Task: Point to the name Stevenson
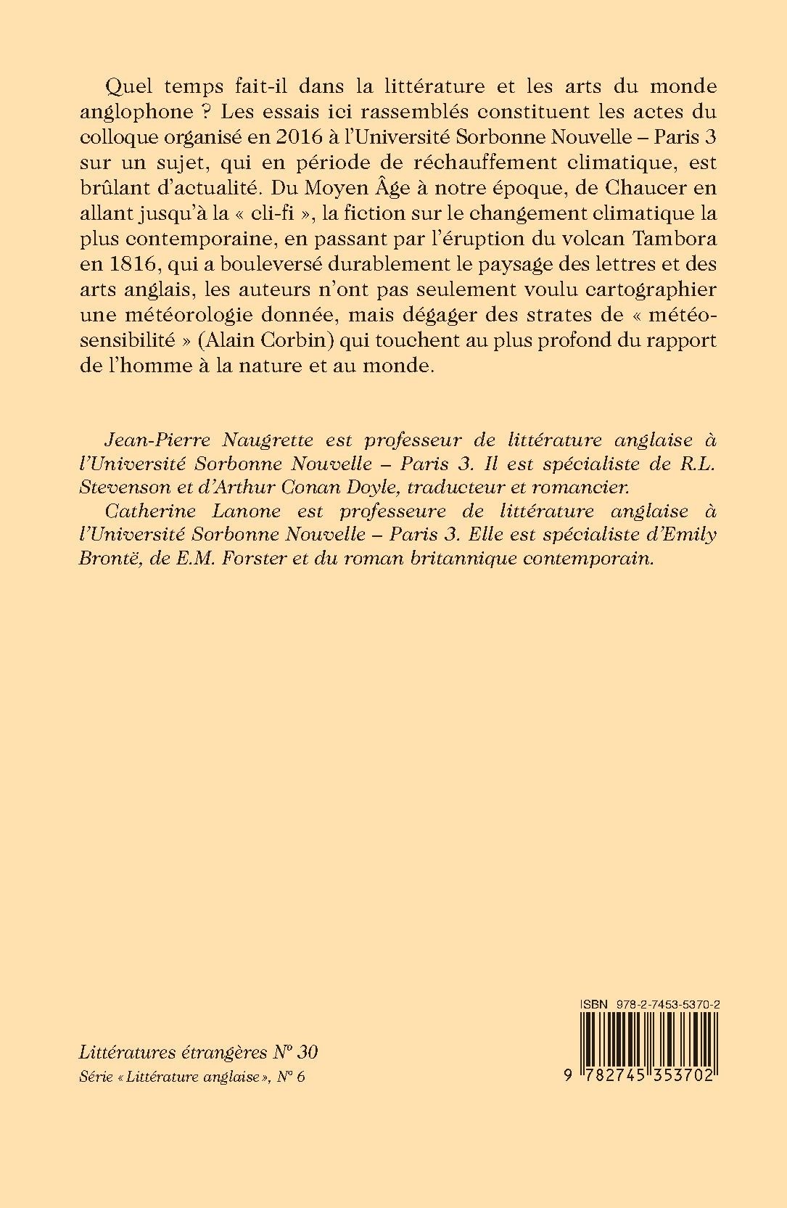122,486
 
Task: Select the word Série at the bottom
94,1077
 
